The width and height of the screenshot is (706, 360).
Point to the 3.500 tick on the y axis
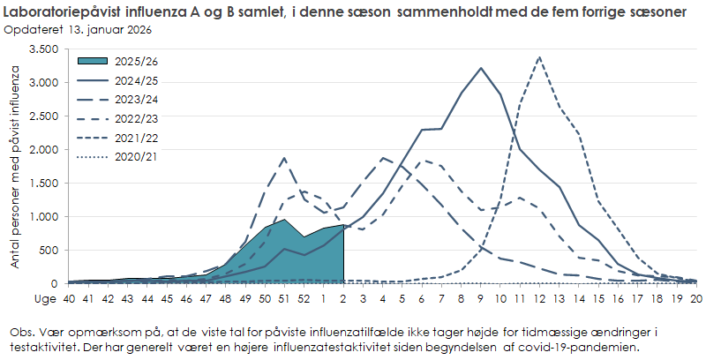(x=43, y=49)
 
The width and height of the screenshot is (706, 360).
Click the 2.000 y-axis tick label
(x=43, y=150)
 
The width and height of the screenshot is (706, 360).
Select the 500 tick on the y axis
(x=49, y=251)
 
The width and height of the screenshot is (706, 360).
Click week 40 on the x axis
(x=67, y=299)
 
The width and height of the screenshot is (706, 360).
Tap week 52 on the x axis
(x=304, y=299)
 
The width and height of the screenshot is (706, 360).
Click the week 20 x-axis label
(x=696, y=299)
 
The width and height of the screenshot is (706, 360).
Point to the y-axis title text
(x=16, y=167)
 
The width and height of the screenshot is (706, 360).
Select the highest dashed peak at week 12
(x=539, y=57)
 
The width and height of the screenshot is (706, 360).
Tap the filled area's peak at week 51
(x=284, y=220)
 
